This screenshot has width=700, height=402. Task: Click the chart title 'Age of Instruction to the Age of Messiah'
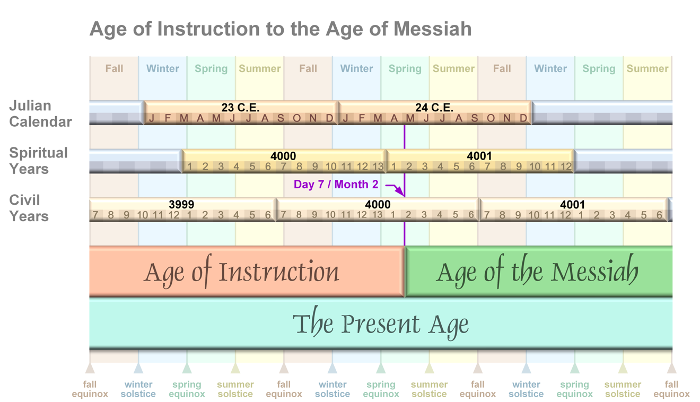pos(281,29)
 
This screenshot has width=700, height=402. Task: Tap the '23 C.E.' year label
pos(240,108)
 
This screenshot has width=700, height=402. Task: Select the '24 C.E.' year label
pos(434,108)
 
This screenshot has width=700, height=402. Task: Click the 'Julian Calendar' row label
pos(40,113)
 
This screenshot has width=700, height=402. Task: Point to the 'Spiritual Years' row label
pos(38,161)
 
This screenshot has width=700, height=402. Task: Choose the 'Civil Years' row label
pos(29,208)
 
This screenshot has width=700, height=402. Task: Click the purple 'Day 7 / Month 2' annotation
pos(336,184)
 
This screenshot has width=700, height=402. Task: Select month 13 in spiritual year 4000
pos(378,167)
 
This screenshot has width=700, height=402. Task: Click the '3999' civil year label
pos(181,204)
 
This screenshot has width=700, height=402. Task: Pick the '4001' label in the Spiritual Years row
pos(479,156)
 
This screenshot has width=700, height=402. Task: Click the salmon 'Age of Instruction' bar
pos(247,271)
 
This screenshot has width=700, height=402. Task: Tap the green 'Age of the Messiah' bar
pos(538,271)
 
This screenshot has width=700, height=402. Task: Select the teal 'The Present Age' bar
pos(381,323)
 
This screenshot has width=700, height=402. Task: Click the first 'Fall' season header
pos(114,68)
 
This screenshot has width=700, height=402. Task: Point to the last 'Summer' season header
pos(647,68)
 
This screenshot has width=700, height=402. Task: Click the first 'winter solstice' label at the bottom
pos(138,389)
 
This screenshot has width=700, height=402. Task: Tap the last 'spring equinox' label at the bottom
pos(574,389)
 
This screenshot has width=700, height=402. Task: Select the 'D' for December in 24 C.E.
pos(523,118)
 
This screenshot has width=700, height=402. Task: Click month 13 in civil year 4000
pos(378,215)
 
